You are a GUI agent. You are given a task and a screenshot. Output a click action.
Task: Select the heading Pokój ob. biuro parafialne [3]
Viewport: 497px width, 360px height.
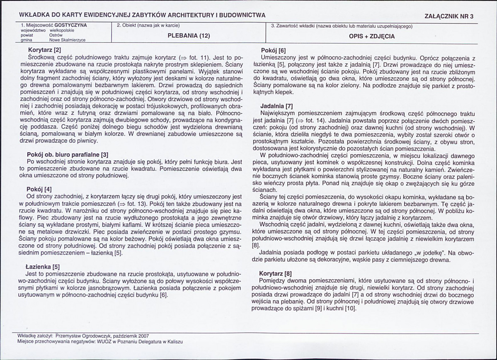click(x=67, y=155)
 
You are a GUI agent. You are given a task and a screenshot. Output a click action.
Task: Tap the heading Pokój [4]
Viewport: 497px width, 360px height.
click(x=39, y=189)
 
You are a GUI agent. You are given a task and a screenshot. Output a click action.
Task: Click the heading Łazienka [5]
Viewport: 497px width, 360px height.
click(x=43, y=268)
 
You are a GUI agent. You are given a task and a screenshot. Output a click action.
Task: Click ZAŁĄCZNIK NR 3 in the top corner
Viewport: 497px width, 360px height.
click(x=449, y=17)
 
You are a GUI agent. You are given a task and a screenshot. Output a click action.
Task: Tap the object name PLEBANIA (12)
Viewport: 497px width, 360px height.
click(x=189, y=36)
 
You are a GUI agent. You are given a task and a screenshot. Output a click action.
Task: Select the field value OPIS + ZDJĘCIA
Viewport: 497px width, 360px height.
click(x=372, y=36)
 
